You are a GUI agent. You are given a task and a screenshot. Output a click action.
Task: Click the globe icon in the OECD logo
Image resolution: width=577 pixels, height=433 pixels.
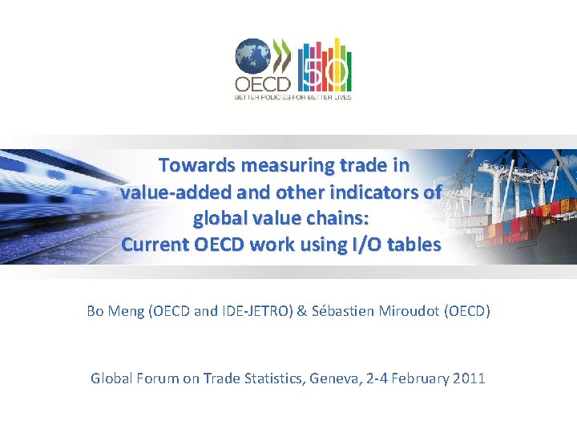(252, 57)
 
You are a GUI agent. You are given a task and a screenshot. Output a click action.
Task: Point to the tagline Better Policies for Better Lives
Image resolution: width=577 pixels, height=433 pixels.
(293, 97)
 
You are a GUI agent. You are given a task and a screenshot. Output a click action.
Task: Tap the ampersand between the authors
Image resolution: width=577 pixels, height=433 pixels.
(301, 311)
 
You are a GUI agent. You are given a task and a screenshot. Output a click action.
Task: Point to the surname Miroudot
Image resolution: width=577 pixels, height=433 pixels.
(406, 311)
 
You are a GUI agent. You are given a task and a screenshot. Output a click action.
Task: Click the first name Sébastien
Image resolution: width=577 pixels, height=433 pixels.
(343, 311)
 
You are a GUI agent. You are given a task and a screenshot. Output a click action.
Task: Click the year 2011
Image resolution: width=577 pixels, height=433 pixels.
(468, 378)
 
